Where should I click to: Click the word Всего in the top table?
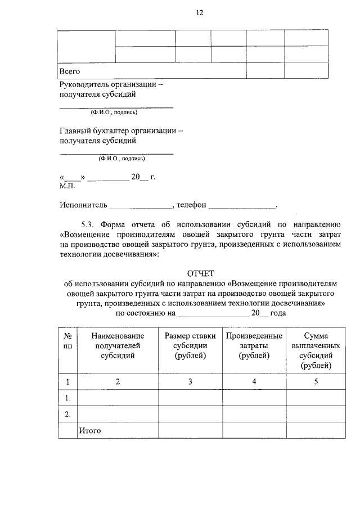70,71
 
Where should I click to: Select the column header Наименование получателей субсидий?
118,345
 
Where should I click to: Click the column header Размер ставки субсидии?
190,345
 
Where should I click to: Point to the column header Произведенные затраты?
254,345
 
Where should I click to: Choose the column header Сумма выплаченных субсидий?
316,350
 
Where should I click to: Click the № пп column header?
67,340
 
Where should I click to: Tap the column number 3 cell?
190,382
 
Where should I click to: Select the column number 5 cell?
316,382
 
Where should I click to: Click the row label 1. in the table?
67,398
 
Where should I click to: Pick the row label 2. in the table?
67,415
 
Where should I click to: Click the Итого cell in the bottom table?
89,431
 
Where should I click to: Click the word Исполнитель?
83,205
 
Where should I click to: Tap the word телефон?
191,205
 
